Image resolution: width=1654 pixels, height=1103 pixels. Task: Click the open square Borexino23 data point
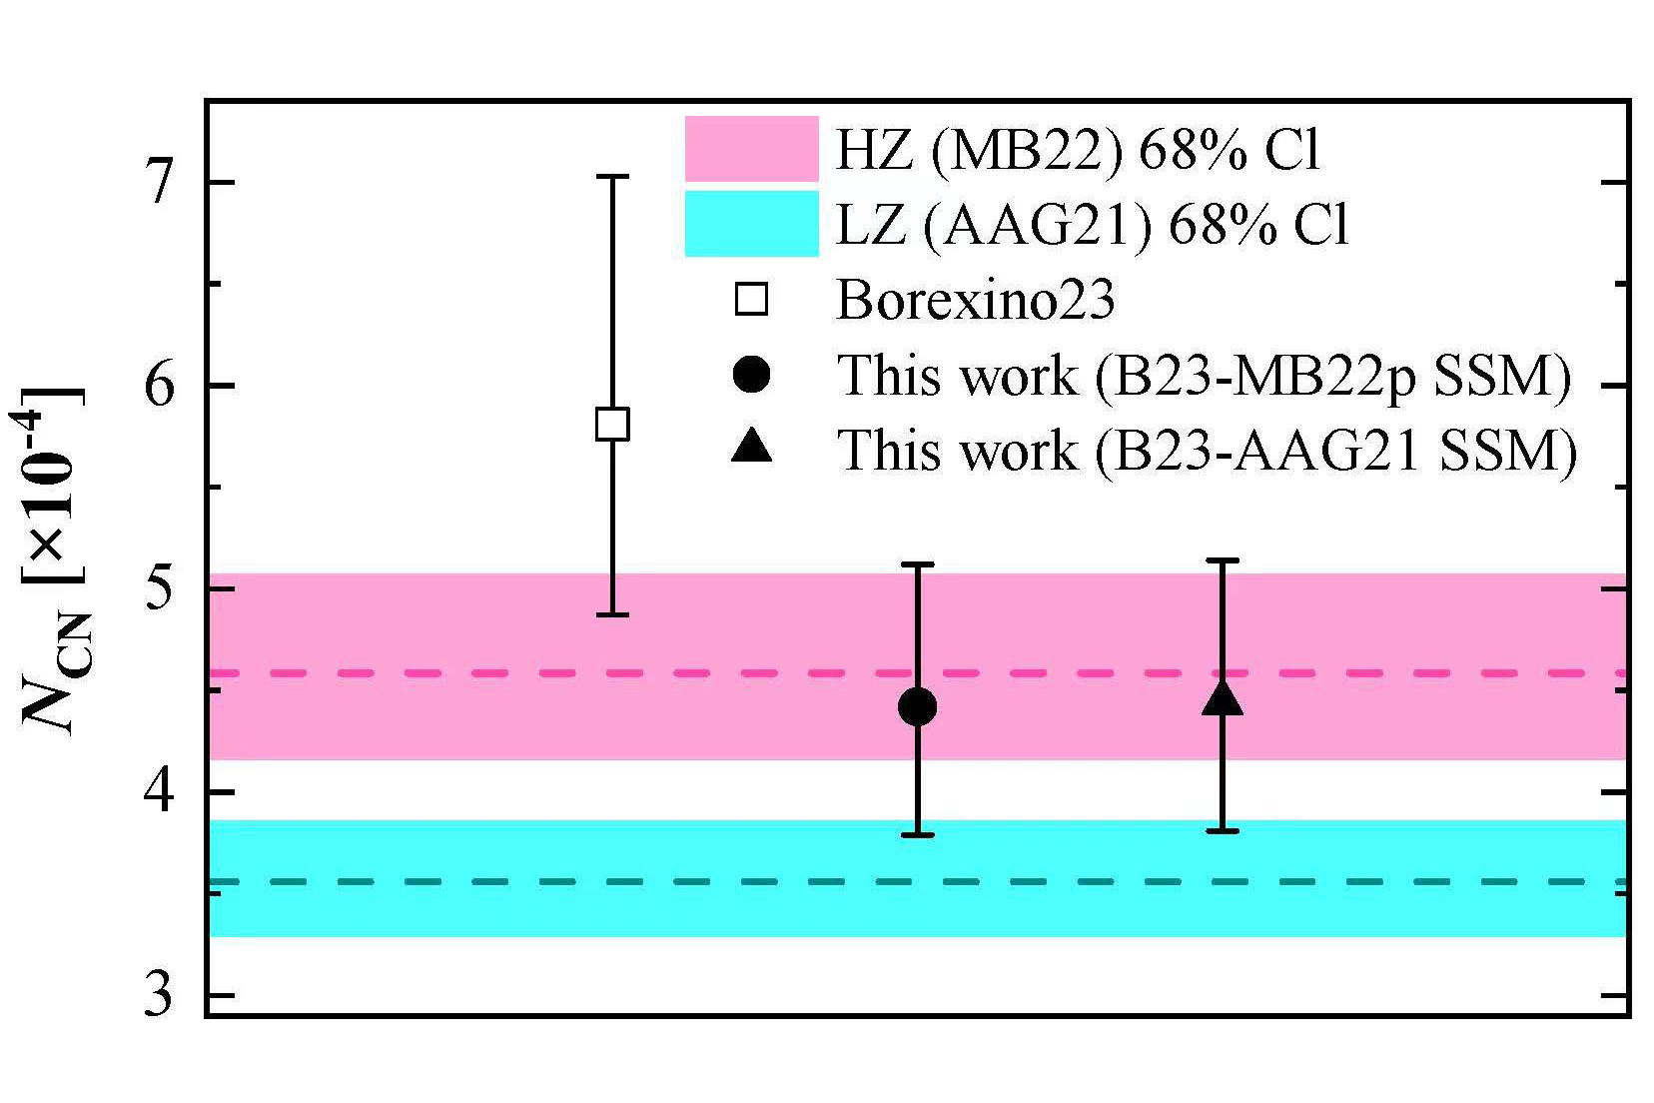(611, 424)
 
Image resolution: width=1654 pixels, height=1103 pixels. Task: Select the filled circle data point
(917, 707)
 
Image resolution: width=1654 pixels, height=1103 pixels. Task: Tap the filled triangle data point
(1223, 699)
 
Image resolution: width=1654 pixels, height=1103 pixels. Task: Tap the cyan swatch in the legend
(751, 224)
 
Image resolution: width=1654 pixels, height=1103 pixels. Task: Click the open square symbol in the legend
(751, 300)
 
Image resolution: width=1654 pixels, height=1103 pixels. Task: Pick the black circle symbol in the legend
(751, 375)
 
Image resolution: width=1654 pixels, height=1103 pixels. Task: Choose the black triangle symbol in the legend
(751, 449)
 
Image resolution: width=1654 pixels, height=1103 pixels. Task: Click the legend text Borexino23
(975, 300)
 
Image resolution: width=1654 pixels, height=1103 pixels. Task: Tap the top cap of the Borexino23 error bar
(611, 177)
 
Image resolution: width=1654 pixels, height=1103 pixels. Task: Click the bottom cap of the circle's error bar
(917, 834)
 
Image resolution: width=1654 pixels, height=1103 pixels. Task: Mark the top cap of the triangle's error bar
(1223, 561)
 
